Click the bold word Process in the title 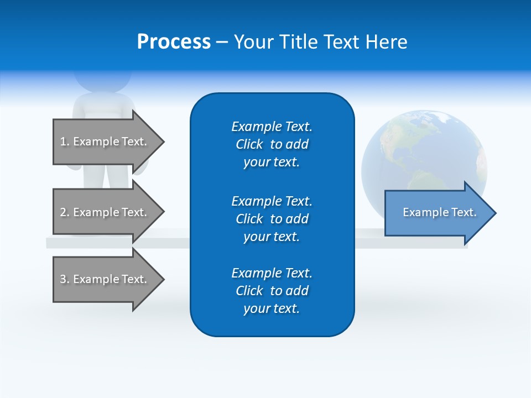[x=174, y=42]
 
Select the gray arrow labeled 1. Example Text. [x=105, y=142]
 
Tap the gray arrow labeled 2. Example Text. [x=105, y=212]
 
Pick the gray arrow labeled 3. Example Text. [x=105, y=279]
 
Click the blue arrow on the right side [x=437, y=213]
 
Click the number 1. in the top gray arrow [x=65, y=142]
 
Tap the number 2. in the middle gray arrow [x=65, y=212]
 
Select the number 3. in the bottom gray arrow [x=65, y=279]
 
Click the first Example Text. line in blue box [x=272, y=127]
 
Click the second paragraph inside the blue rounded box [x=272, y=219]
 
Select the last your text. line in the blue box [x=272, y=309]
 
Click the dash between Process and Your [x=222, y=42]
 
